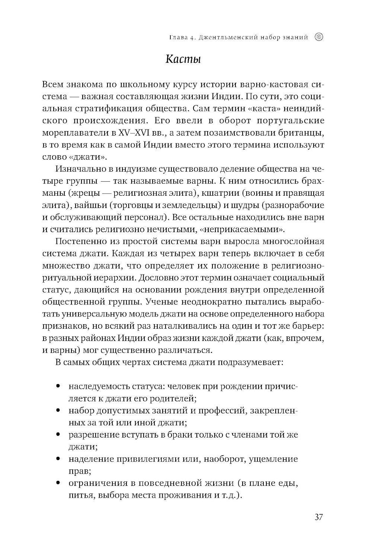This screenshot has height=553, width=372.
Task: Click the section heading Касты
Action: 183,59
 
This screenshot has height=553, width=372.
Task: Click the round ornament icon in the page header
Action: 319,37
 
